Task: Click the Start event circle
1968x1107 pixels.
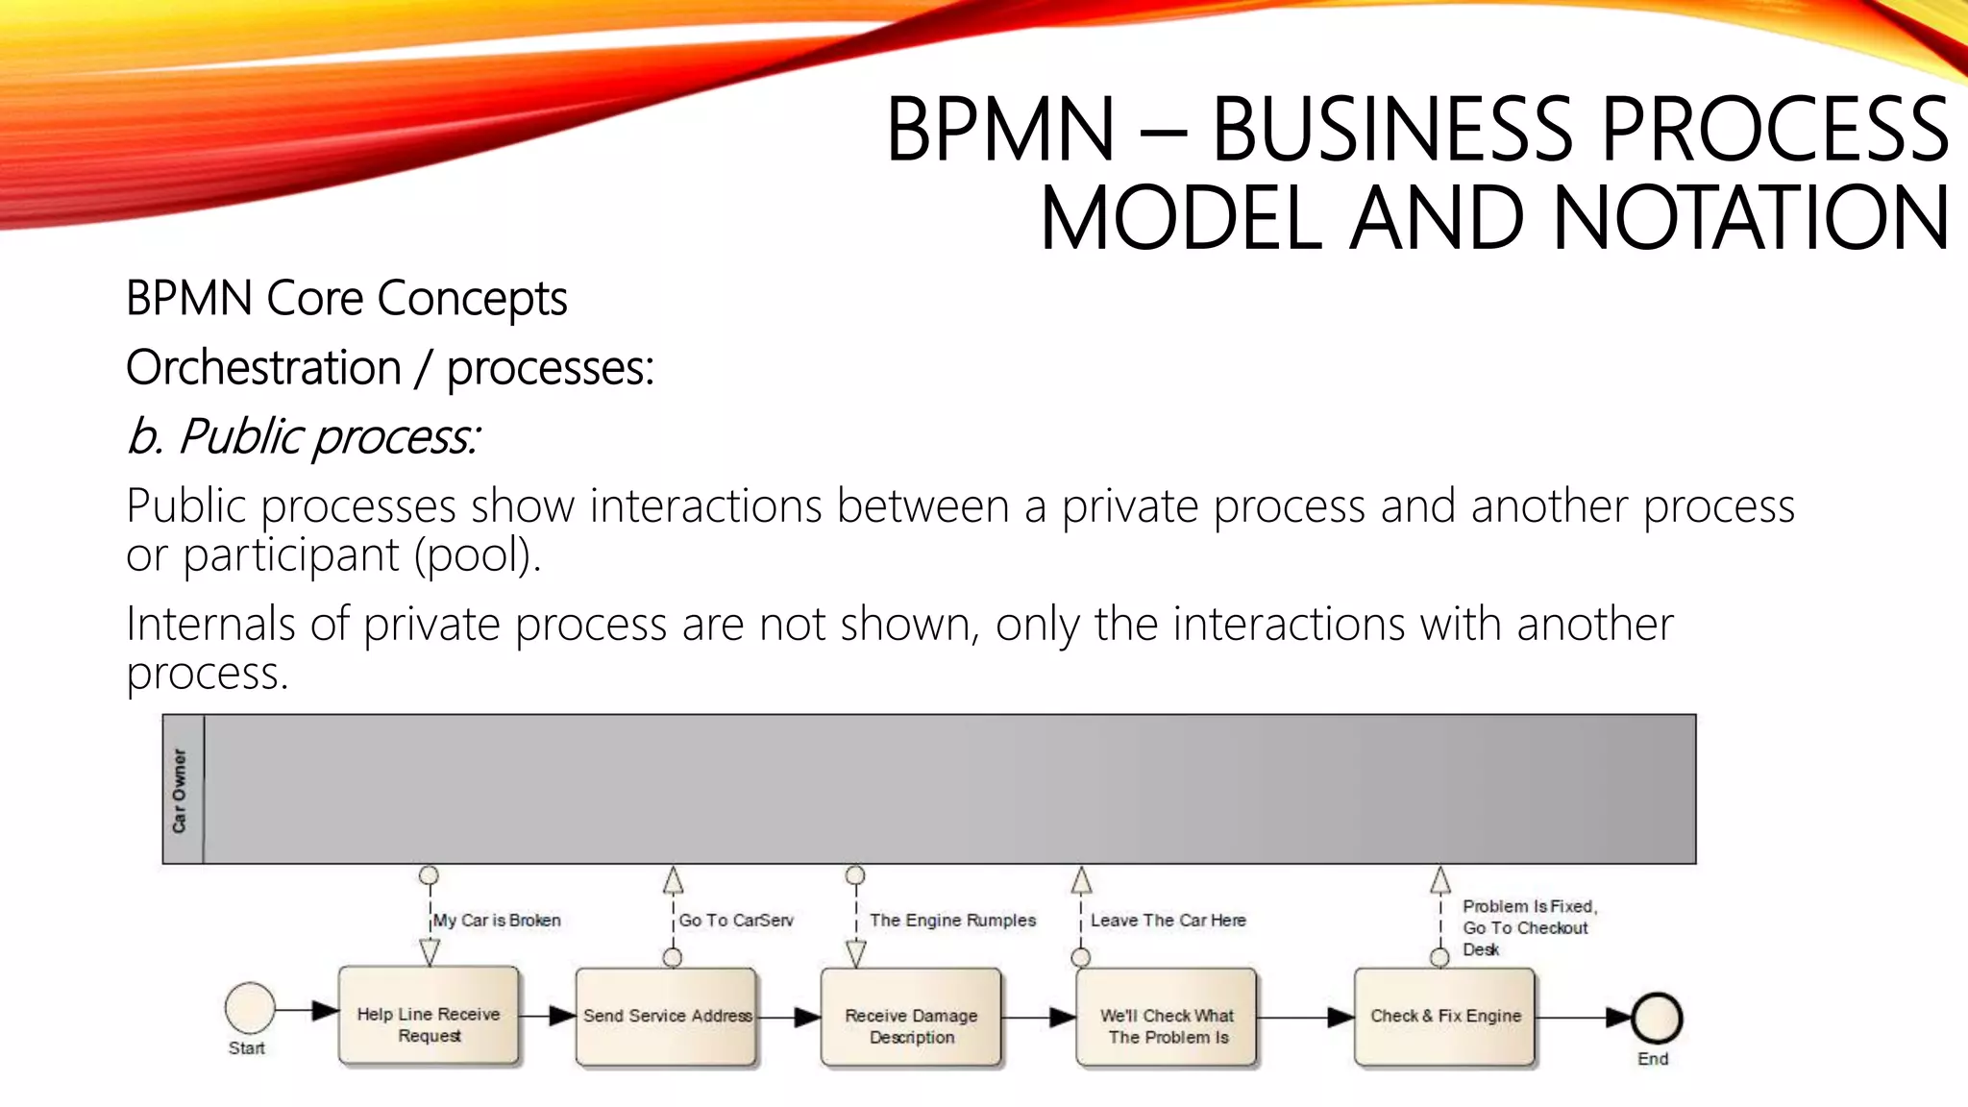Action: click(x=250, y=1008)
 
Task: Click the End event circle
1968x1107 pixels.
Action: click(x=1657, y=1019)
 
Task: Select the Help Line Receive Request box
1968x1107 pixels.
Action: click(x=429, y=1018)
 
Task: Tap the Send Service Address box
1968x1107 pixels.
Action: click(x=666, y=1018)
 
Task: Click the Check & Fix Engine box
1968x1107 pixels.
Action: click(x=1444, y=1018)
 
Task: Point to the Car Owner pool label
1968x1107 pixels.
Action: click(x=181, y=790)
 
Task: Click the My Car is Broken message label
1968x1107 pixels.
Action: click(x=497, y=921)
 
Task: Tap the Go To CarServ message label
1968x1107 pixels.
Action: click(x=736, y=921)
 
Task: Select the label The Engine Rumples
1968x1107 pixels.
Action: click(x=952, y=921)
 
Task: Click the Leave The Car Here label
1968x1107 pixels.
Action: click(x=1168, y=921)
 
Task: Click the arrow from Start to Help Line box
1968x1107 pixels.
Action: click(x=307, y=1010)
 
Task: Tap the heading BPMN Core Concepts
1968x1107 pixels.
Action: click(x=346, y=298)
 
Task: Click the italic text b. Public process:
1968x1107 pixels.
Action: click(x=303, y=436)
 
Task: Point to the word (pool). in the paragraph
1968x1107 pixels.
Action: click(x=478, y=554)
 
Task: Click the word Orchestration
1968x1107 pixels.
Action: click(x=263, y=367)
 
